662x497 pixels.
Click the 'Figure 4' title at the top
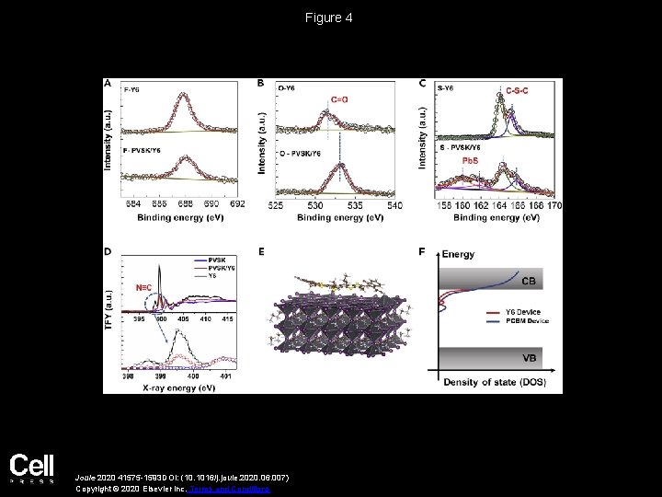click(x=330, y=18)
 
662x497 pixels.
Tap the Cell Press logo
click(x=32, y=469)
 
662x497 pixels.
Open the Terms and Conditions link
click(x=242, y=489)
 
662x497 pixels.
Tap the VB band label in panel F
click(x=531, y=358)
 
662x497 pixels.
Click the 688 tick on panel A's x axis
click(x=185, y=204)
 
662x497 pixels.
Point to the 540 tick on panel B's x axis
click(x=394, y=204)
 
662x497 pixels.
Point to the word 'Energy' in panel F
click(x=458, y=254)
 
